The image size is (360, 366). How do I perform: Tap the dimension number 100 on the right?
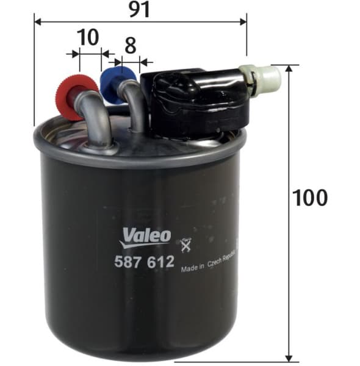pyautogui.click(x=310, y=198)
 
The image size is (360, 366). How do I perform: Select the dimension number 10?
pyautogui.click(x=88, y=38)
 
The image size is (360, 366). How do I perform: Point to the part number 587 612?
pyautogui.click(x=145, y=262)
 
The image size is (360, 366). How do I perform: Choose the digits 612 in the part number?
pyautogui.click(x=160, y=262)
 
